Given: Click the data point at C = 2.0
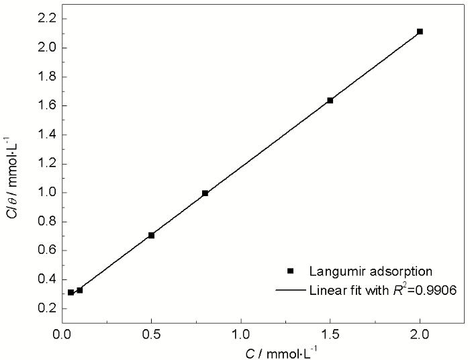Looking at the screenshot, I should [420, 32].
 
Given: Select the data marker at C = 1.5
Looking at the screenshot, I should [330, 100].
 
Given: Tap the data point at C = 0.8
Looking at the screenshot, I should [205, 193].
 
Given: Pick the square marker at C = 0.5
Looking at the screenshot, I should [152, 235].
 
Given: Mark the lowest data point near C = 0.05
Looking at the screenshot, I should [70, 293].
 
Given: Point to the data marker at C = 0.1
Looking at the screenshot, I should [80, 290].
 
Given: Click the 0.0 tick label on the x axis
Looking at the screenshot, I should [62, 332].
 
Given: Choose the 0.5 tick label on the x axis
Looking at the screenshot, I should [152, 332].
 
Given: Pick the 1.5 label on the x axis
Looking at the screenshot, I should [330, 332].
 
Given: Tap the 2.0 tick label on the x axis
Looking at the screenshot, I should [420, 332].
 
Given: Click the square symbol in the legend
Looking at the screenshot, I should [290, 271].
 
